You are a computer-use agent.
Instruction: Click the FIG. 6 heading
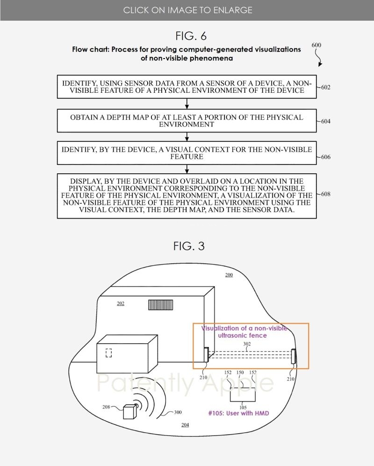coord(191,36)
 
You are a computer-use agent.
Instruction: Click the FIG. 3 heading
coord(189,246)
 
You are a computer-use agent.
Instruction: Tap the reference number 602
coord(325,87)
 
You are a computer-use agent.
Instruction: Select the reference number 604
coord(325,121)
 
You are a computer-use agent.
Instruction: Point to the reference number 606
coord(325,157)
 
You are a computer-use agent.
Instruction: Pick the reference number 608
coord(325,194)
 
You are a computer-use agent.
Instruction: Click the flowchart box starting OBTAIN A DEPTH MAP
coord(187,121)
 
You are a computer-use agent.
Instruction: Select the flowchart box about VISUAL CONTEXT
coord(187,153)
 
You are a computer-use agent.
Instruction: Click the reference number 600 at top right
coord(316,45)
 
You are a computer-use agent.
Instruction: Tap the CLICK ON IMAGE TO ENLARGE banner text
coord(187,10)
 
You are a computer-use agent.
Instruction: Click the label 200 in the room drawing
coord(229,275)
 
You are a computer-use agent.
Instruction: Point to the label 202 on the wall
coord(121,303)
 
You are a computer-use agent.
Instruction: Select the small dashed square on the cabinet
coord(108,353)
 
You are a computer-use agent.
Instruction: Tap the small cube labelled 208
coord(129,411)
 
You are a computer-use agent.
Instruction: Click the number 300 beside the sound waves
coord(178,413)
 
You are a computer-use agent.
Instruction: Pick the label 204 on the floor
coord(185,425)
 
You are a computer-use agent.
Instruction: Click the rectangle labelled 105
coord(243,395)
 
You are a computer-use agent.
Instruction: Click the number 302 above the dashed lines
coord(247,344)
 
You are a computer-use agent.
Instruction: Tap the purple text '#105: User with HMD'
coord(238,414)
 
